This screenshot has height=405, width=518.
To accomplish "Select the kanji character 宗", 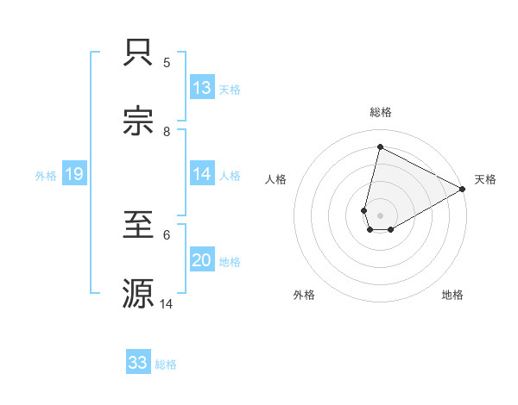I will (140, 122).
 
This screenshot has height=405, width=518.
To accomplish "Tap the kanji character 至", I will (140, 226).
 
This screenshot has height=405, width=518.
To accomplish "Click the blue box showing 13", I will (202, 88).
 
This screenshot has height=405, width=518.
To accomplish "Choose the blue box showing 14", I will (202, 174).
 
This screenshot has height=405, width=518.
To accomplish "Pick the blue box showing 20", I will (202, 261).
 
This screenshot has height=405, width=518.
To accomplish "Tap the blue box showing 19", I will (73, 175).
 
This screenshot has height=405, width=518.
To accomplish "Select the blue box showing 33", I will (138, 363).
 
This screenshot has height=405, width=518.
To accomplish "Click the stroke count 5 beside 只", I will (167, 63).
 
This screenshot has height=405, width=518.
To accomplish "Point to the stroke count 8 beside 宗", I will (167, 132).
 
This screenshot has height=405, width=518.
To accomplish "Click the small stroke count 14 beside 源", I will (167, 304).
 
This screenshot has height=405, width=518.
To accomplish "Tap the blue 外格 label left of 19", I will (46, 176).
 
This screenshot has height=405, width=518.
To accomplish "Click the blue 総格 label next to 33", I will (166, 364).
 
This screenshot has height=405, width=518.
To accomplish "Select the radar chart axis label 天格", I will (485, 179).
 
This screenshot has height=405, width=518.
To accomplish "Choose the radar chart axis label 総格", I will (381, 112).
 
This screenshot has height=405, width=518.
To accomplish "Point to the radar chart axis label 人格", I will (276, 179).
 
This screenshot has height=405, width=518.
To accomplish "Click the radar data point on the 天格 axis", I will (463, 190).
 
